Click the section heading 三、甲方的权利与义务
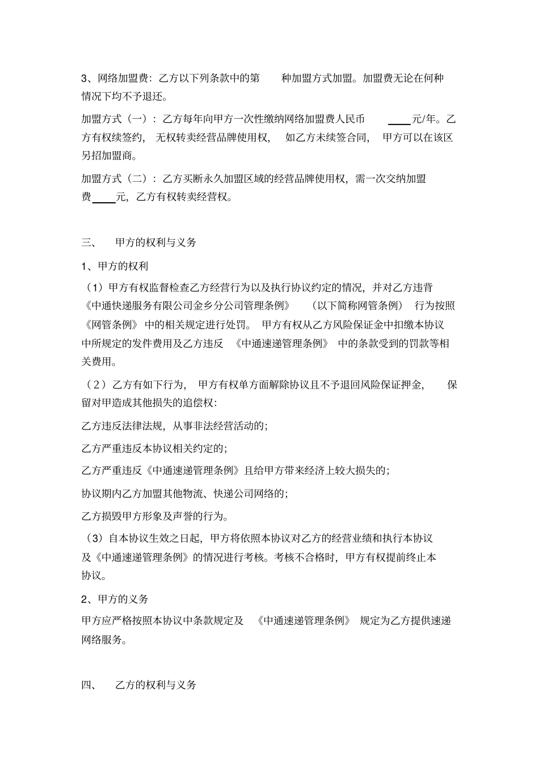pos(139,243)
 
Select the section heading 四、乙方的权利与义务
pos(139,685)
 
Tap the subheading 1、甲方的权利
pos(115,266)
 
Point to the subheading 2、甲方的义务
pos(115,599)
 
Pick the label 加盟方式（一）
pos(117,119)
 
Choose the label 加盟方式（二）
pos(117,179)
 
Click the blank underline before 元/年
pos(399,120)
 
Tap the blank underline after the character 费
pos(104,199)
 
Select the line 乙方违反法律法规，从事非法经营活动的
pos(174,425)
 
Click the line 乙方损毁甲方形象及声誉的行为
pos(155,516)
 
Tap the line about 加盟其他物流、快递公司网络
pos(184,494)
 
